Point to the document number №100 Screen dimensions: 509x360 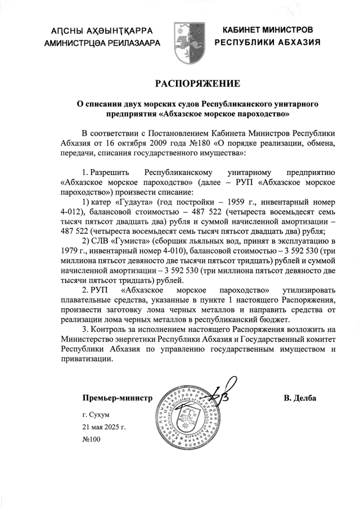tap(91, 439)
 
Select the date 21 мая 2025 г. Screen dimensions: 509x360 tap(104, 427)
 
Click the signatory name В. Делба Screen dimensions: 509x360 tap(300, 398)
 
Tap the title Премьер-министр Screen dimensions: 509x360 tap(117, 398)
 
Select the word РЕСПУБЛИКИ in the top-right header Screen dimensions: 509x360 tap(247, 42)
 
